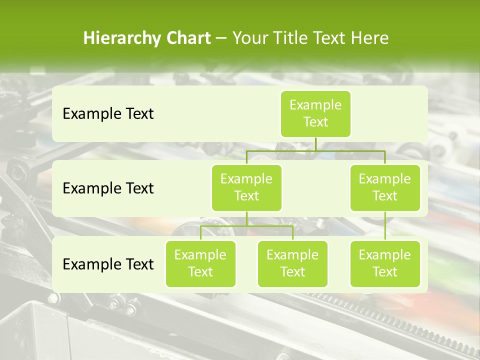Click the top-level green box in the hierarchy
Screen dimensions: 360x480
[315, 113]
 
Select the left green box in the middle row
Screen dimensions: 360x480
[246, 187]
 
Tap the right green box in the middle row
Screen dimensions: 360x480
[385, 187]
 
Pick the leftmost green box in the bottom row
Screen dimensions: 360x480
[200, 263]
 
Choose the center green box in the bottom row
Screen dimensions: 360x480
[292, 263]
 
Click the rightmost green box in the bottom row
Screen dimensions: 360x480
[385, 263]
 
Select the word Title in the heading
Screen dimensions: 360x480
[292, 38]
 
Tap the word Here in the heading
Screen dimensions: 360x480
[369, 38]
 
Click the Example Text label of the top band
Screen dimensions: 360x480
[108, 113]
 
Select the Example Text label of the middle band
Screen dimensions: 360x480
[108, 188]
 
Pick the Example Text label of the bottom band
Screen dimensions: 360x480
[108, 264]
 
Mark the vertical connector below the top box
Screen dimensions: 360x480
[315, 144]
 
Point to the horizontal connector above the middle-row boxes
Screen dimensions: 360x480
[315, 150]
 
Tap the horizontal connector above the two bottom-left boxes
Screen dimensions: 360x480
[246, 226]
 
